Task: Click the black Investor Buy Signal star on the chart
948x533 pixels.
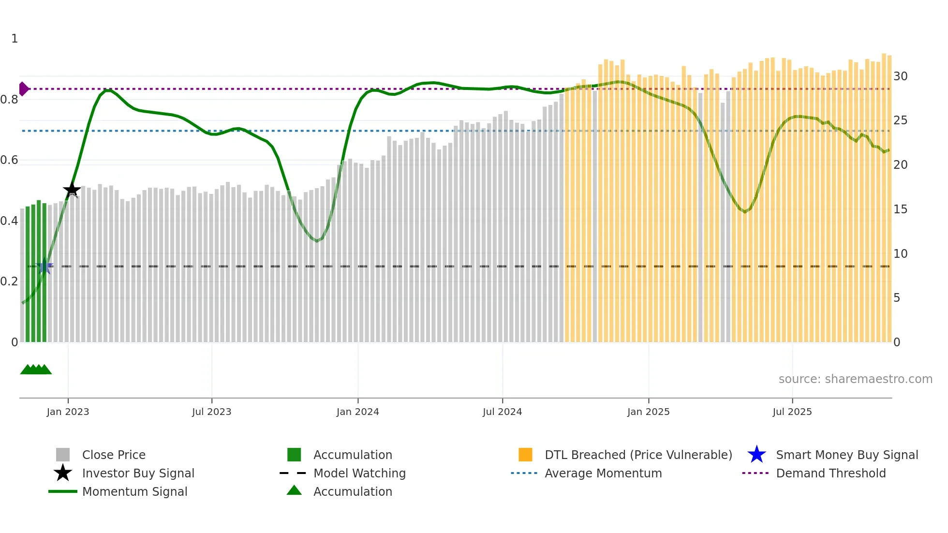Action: point(72,190)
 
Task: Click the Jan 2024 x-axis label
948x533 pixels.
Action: point(357,412)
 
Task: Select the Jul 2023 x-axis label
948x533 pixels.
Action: point(211,412)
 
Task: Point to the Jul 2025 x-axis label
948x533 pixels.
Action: point(792,412)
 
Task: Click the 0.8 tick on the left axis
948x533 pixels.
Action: point(9,100)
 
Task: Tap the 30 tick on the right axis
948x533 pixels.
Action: point(900,76)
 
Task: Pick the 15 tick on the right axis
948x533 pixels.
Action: point(900,209)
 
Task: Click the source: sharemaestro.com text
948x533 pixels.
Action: point(855,379)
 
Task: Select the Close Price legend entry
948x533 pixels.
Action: point(114,455)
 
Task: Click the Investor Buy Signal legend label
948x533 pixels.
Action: point(138,473)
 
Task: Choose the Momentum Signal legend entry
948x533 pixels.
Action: point(134,491)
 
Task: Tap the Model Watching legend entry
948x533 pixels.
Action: point(359,473)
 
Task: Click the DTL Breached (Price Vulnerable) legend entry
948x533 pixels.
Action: point(638,455)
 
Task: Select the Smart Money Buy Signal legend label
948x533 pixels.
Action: point(847,455)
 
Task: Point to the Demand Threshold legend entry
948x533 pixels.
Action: point(830,473)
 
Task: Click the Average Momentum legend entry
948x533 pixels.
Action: point(603,473)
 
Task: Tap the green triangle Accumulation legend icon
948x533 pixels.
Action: point(294,490)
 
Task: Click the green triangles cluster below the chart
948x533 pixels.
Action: point(36,370)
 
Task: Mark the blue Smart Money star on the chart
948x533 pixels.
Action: point(45,266)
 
